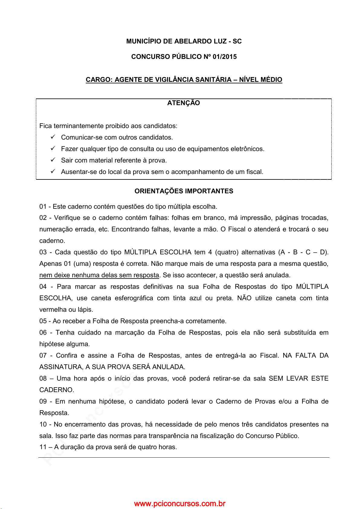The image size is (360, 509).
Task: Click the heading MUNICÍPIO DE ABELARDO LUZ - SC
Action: point(184,41)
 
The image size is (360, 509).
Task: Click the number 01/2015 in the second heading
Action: point(225,57)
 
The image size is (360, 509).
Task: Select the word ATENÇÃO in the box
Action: point(184,103)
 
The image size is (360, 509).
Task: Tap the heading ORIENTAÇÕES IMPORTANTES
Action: point(184,191)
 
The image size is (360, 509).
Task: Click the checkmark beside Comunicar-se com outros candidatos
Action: point(53,137)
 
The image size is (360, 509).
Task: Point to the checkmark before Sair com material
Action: point(53,160)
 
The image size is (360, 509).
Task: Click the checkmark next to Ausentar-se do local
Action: point(53,172)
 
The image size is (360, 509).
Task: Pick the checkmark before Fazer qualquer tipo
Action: point(53,149)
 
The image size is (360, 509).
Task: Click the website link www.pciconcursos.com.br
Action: point(180,504)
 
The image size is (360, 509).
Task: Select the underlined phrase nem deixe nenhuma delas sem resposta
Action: point(99,275)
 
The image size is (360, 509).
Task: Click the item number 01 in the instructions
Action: point(43,207)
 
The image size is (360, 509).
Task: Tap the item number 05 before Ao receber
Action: point(43,321)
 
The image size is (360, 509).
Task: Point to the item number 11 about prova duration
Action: point(43,447)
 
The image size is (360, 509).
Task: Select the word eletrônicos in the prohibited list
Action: point(247,149)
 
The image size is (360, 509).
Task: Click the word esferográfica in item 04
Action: point(133,298)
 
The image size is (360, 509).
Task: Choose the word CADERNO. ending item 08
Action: point(56,390)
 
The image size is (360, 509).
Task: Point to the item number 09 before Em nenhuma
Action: point(43,401)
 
